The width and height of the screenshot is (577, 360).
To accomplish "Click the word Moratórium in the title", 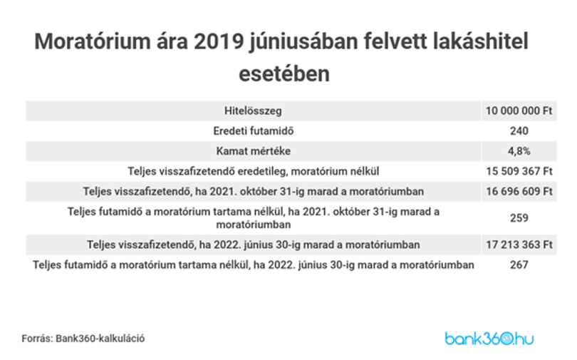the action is pos(93,41).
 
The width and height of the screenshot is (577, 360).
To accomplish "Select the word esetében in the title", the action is pos(284,73).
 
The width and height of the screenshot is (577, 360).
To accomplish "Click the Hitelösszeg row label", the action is pos(253,110).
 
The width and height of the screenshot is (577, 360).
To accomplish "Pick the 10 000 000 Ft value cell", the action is pos(519,110).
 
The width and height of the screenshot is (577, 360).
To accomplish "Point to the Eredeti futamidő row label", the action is pos(253,131).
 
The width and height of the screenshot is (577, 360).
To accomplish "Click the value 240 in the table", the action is pos(519,131).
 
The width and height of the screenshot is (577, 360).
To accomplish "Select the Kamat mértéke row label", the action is pos(253,151).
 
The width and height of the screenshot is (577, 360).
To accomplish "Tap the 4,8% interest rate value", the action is pos(519,151).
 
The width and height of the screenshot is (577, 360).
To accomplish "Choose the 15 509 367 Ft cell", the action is pos(519,171).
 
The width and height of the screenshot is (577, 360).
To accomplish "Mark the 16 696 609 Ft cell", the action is pos(519,192).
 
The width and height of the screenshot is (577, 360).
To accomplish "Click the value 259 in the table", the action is pos(519,218).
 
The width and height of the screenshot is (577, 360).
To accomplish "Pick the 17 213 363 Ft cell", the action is pos(519,245).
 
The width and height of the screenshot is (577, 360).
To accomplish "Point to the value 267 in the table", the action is pos(519,265).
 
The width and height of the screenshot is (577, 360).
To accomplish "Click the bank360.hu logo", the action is pos(489,339).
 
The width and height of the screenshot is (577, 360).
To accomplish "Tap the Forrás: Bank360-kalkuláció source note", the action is pos(83,339).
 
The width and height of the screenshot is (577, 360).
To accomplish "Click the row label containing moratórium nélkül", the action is pos(253,172).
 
